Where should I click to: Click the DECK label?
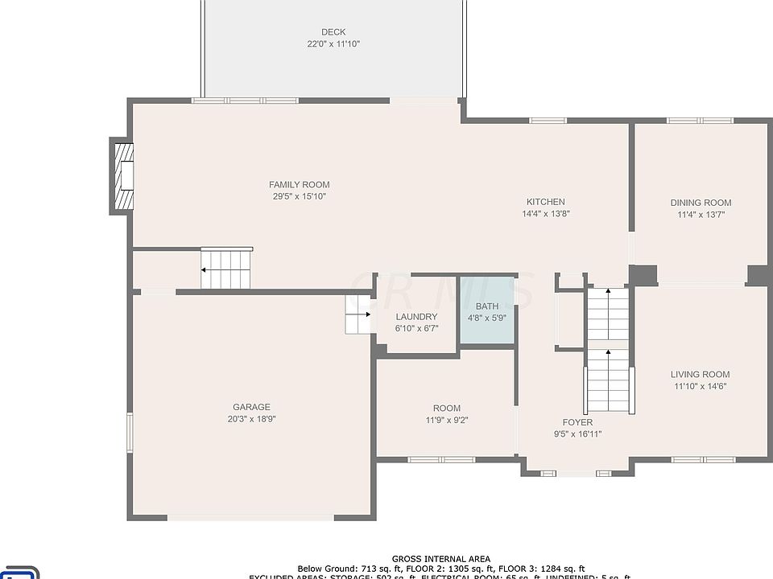coord(333,32)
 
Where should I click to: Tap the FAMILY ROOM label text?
coord(299,185)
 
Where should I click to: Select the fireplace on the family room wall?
coord(122,178)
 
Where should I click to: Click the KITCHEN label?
coord(545,202)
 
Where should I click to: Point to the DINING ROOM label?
coord(701,203)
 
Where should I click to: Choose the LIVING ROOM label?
coord(700,374)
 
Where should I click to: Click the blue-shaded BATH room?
coord(487,312)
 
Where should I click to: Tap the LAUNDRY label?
coord(416,317)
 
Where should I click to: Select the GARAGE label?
coord(251,407)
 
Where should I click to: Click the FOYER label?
coord(577,422)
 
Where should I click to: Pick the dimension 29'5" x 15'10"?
coord(299,196)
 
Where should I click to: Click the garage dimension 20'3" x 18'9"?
coord(251,418)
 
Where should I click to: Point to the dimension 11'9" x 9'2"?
coord(447,420)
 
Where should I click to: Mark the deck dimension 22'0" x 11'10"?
coord(333,44)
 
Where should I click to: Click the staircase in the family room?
coord(226,269)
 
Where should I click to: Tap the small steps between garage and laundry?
coord(358,314)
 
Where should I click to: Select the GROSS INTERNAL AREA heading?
coord(440,559)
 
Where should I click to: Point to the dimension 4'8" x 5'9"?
coord(487,318)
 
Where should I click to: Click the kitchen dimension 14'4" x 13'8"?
coord(545,214)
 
